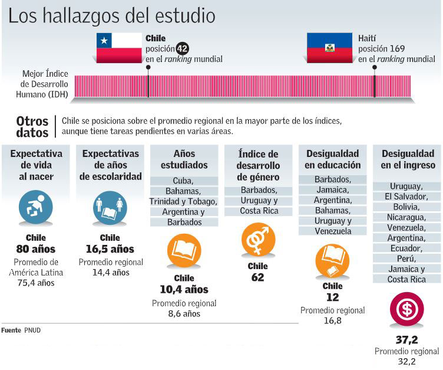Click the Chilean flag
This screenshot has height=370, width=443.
[x=120, y=48]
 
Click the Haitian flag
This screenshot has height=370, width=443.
[x=330, y=48]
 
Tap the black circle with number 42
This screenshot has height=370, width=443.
[x=183, y=49]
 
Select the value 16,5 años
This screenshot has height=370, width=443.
[x=110, y=249]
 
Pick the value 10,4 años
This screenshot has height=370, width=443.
[x=184, y=289]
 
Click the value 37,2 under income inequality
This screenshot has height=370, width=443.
[x=407, y=339]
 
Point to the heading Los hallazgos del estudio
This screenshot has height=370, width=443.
[x=112, y=15]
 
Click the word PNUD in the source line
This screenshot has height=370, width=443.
[x=32, y=330]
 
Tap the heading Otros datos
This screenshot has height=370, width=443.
[x=32, y=126]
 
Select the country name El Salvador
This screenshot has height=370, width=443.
[x=407, y=196]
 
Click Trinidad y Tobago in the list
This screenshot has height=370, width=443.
[x=184, y=201]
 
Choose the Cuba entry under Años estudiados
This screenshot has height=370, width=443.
[x=184, y=181]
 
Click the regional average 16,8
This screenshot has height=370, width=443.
[x=332, y=320]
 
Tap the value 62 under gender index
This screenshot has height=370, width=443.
[x=258, y=277]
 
